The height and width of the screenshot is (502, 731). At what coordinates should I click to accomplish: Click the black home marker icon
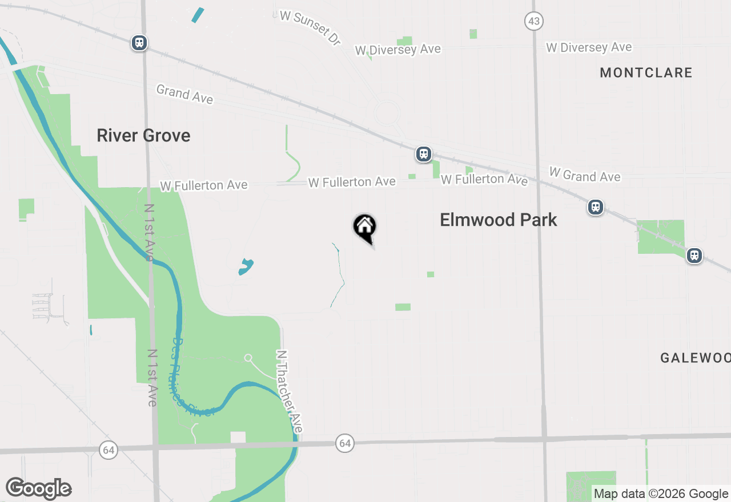point(364,228)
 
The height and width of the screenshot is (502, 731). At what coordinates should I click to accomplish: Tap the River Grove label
point(143,136)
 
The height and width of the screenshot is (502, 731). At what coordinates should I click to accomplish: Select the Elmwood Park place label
point(499,220)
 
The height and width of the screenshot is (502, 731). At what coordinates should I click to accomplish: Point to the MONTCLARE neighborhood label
point(646,73)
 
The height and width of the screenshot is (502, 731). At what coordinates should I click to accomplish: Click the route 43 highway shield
point(534,22)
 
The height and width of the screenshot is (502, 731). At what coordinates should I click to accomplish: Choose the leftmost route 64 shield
point(108,449)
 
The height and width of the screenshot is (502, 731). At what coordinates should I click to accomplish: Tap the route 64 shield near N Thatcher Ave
point(344,443)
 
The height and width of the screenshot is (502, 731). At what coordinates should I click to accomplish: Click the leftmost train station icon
point(139,43)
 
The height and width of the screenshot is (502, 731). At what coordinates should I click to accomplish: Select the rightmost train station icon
point(694,255)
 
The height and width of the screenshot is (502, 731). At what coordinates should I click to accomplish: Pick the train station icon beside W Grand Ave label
point(596,207)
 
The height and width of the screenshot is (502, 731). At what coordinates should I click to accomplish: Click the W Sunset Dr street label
point(310,27)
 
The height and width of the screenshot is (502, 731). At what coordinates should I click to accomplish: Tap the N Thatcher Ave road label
point(289,391)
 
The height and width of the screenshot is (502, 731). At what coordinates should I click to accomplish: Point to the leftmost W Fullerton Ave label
point(204,185)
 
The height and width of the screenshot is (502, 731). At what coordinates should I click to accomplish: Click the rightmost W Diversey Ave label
point(589,47)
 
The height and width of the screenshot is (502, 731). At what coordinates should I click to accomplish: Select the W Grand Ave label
point(585,175)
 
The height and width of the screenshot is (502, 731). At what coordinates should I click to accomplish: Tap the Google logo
point(38,488)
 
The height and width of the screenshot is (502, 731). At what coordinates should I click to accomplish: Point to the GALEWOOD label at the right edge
point(695,358)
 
